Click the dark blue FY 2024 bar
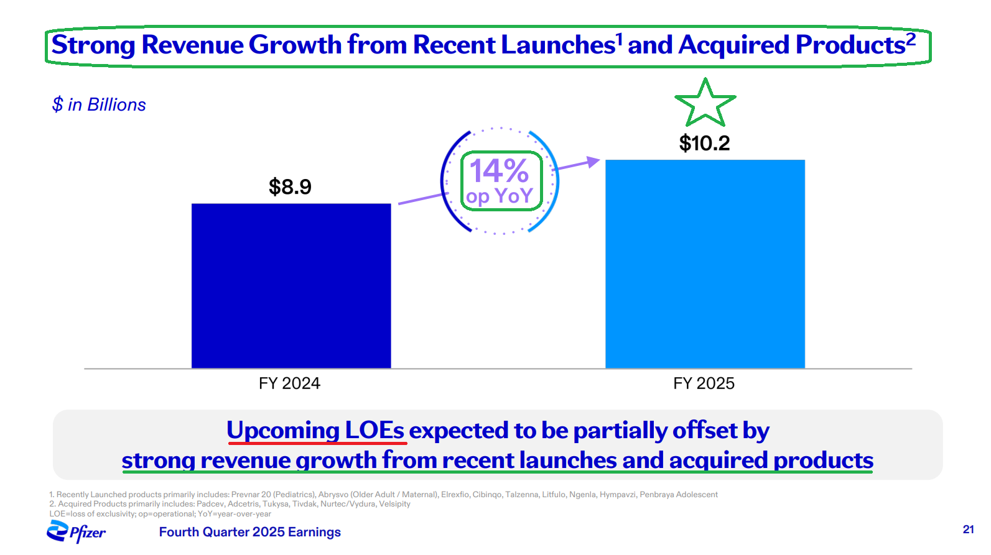tap(291, 286)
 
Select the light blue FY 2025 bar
tap(705, 264)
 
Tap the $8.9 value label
tap(290, 186)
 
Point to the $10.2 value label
tap(704, 144)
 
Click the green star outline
tap(705, 103)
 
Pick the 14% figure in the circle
tap(499, 170)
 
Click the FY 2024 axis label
tap(289, 383)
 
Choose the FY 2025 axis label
tap(704, 383)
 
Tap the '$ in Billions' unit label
tap(99, 104)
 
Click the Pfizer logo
tap(76, 532)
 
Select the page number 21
tap(968, 530)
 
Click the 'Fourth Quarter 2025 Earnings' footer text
tap(249, 532)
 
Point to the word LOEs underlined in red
tap(374, 430)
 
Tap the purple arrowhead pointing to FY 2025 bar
tap(593, 162)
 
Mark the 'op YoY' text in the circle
tap(500, 196)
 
